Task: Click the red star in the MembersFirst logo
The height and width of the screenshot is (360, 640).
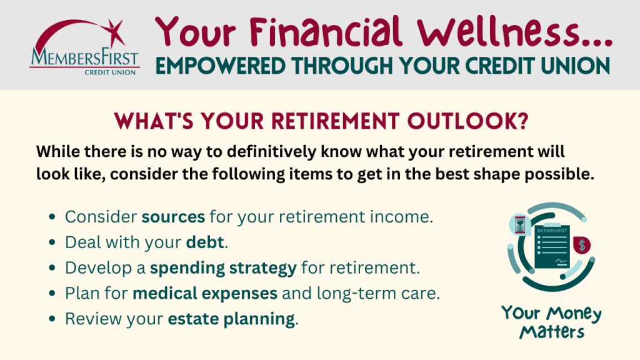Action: coord(115,32)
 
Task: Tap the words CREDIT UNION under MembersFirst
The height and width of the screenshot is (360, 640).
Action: coord(110,72)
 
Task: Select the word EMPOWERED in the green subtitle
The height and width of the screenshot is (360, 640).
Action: coord(221,66)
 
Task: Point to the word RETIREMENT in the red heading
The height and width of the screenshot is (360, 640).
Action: coord(335,121)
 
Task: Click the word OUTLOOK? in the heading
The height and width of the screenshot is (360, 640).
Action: coord(467,121)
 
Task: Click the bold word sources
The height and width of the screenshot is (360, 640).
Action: coord(173,217)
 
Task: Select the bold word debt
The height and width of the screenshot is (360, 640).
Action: coord(205,242)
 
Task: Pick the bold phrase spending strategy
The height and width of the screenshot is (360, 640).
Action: coord(223,268)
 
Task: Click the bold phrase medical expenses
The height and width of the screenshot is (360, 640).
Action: coord(205,294)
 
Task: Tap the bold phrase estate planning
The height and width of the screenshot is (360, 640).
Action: coord(231,319)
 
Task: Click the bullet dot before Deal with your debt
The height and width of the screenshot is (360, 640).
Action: coord(52,242)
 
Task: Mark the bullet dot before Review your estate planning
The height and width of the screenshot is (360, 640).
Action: coord(52,319)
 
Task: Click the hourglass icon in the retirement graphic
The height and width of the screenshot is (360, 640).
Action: coord(519,224)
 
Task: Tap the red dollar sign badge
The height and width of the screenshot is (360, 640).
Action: coord(582,245)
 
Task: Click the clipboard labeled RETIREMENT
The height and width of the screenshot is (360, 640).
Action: coord(552,246)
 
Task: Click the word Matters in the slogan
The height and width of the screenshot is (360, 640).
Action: coord(552,332)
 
